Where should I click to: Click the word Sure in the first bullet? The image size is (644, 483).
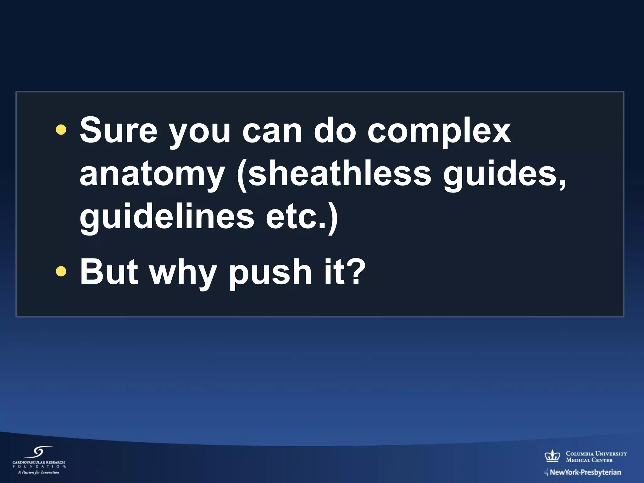tap(118, 130)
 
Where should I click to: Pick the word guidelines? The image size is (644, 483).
tap(167, 217)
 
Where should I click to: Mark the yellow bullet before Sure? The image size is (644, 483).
tap(61, 130)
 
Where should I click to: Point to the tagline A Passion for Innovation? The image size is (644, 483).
tap(39, 472)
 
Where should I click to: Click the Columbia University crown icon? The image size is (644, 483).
tap(552, 456)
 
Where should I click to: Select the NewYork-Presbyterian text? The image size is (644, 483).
tap(585, 472)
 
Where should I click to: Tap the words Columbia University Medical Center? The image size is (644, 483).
tap(596, 457)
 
